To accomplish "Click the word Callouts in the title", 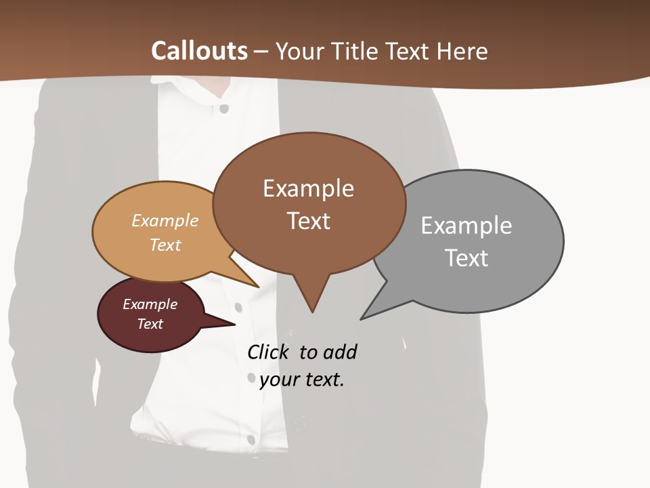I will pos(199,52).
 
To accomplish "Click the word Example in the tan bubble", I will pos(165,220).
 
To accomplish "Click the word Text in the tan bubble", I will pos(165,245).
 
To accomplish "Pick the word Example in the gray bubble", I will pos(466,226).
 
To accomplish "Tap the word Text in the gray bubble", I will pos(466,258).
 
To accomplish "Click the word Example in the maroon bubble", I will pos(150,304).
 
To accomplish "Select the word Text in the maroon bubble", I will pos(150,324).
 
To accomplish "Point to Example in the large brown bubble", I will pos(308,188).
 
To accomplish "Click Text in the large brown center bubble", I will pos(308,221).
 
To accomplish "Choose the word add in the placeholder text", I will pos(340,352).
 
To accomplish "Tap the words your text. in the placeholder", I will pos(302,380).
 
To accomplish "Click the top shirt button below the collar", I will pos(224,108).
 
